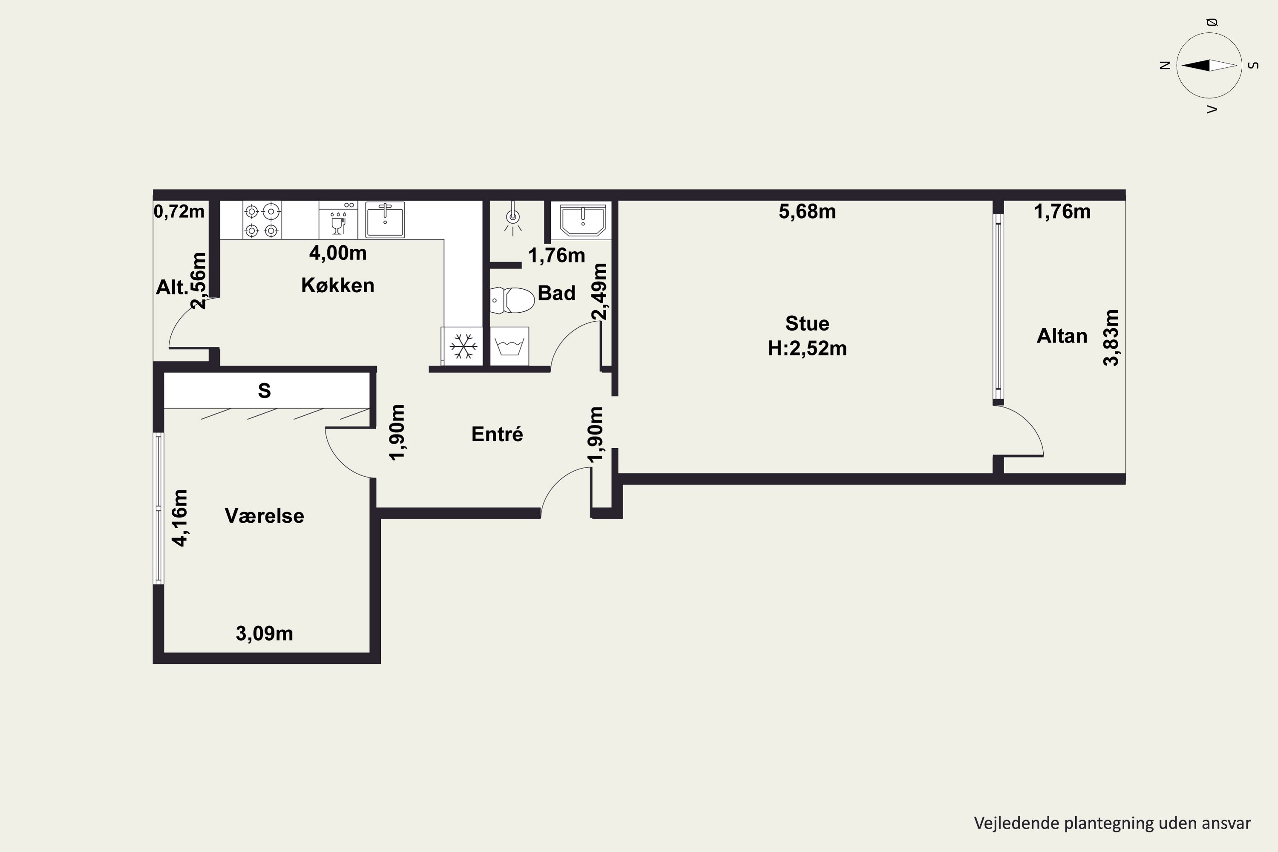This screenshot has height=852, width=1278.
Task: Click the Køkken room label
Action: point(337,285)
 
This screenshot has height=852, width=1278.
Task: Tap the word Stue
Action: point(807,323)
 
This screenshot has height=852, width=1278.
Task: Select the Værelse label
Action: point(264,515)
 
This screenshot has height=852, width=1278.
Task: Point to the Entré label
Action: point(497,434)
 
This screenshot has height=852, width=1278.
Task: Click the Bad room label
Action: point(556,293)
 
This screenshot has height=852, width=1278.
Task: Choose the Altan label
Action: point(1062,336)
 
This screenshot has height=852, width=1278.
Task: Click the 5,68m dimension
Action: point(807,211)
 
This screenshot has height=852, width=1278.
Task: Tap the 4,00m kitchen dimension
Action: point(337,253)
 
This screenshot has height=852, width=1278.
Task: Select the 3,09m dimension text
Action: point(264,633)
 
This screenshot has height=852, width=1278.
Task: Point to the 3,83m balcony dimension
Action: point(1111,338)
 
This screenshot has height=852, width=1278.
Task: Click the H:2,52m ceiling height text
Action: point(807,348)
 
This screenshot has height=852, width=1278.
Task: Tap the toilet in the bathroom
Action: point(512,300)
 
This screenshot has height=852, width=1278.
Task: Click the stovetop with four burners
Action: point(262,220)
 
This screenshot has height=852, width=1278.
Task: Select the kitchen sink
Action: point(385,219)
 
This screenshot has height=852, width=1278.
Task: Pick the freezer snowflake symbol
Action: point(463,346)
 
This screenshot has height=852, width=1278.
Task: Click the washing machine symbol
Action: point(509,346)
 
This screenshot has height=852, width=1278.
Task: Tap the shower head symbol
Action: point(512,217)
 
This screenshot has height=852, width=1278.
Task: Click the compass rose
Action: point(1209,65)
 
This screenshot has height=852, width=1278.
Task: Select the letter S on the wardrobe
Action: point(264,390)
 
